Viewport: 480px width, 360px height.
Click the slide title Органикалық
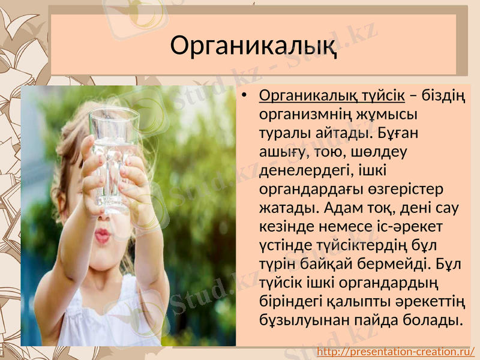click(x=253, y=45)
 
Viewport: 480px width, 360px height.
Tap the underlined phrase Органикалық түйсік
click(x=332, y=96)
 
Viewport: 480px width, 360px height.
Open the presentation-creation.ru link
click(x=395, y=351)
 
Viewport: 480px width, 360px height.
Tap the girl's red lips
click(x=103, y=235)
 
